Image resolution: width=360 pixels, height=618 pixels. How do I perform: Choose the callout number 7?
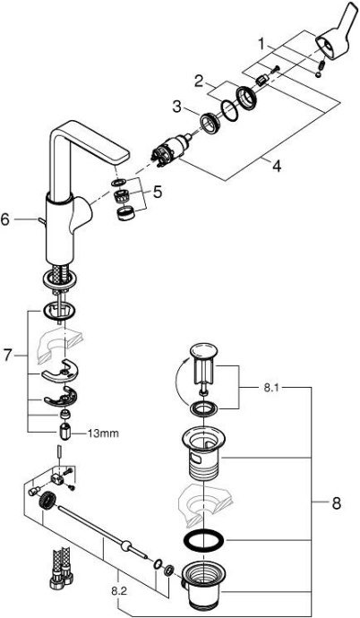7,356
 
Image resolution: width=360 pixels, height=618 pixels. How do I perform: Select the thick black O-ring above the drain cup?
204,541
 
